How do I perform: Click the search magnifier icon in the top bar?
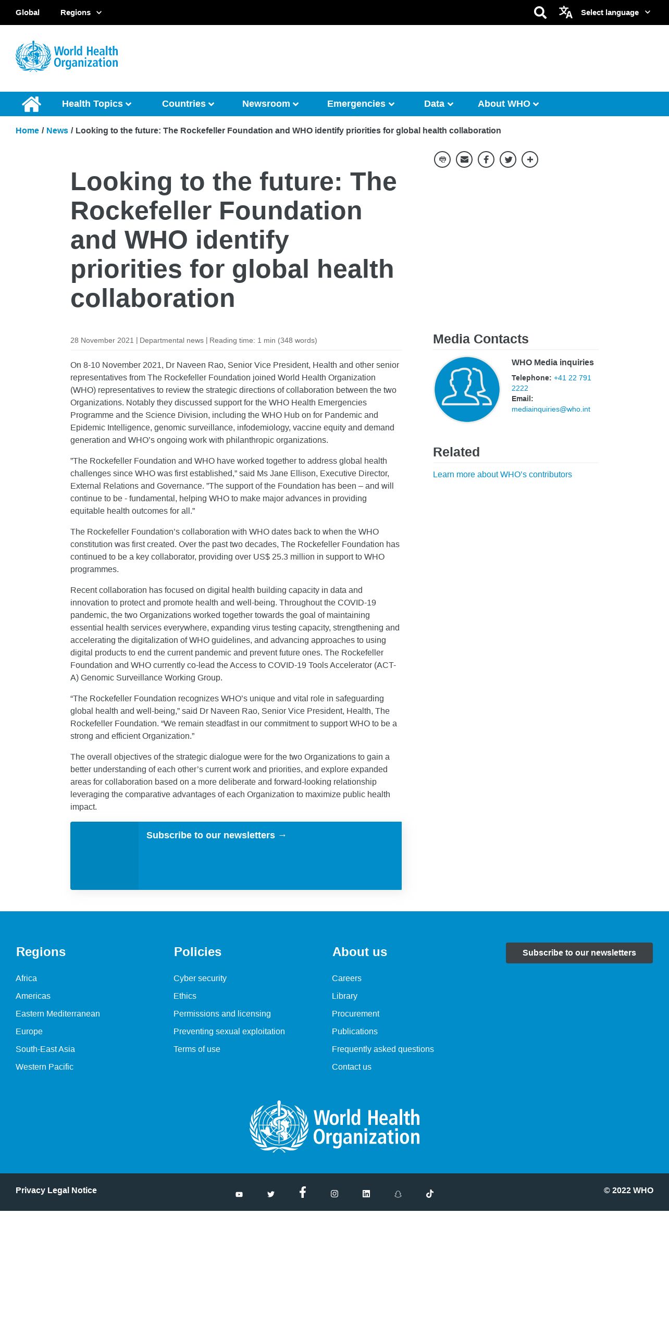tap(540, 13)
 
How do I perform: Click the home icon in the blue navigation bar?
tap(31, 104)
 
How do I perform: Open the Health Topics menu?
tap(96, 104)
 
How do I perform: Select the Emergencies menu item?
tap(360, 104)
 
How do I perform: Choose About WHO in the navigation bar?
tap(507, 104)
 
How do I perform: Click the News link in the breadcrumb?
tap(57, 130)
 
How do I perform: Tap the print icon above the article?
tap(442, 159)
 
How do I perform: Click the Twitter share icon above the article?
tap(508, 159)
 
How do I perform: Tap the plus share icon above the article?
tap(530, 159)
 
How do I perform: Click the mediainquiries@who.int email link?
tap(551, 409)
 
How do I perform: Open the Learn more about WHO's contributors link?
tap(502, 474)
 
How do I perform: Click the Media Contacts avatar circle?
tap(467, 389)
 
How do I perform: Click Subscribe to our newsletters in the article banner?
tap(216, 835)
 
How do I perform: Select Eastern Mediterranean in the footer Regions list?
tap(58, 1013)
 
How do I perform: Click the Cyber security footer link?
tap(200, 978)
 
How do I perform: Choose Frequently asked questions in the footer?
tap(382, 1049)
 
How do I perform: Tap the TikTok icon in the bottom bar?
tap(430, 1194)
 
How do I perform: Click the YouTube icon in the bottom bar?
tap(239, 1194)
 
